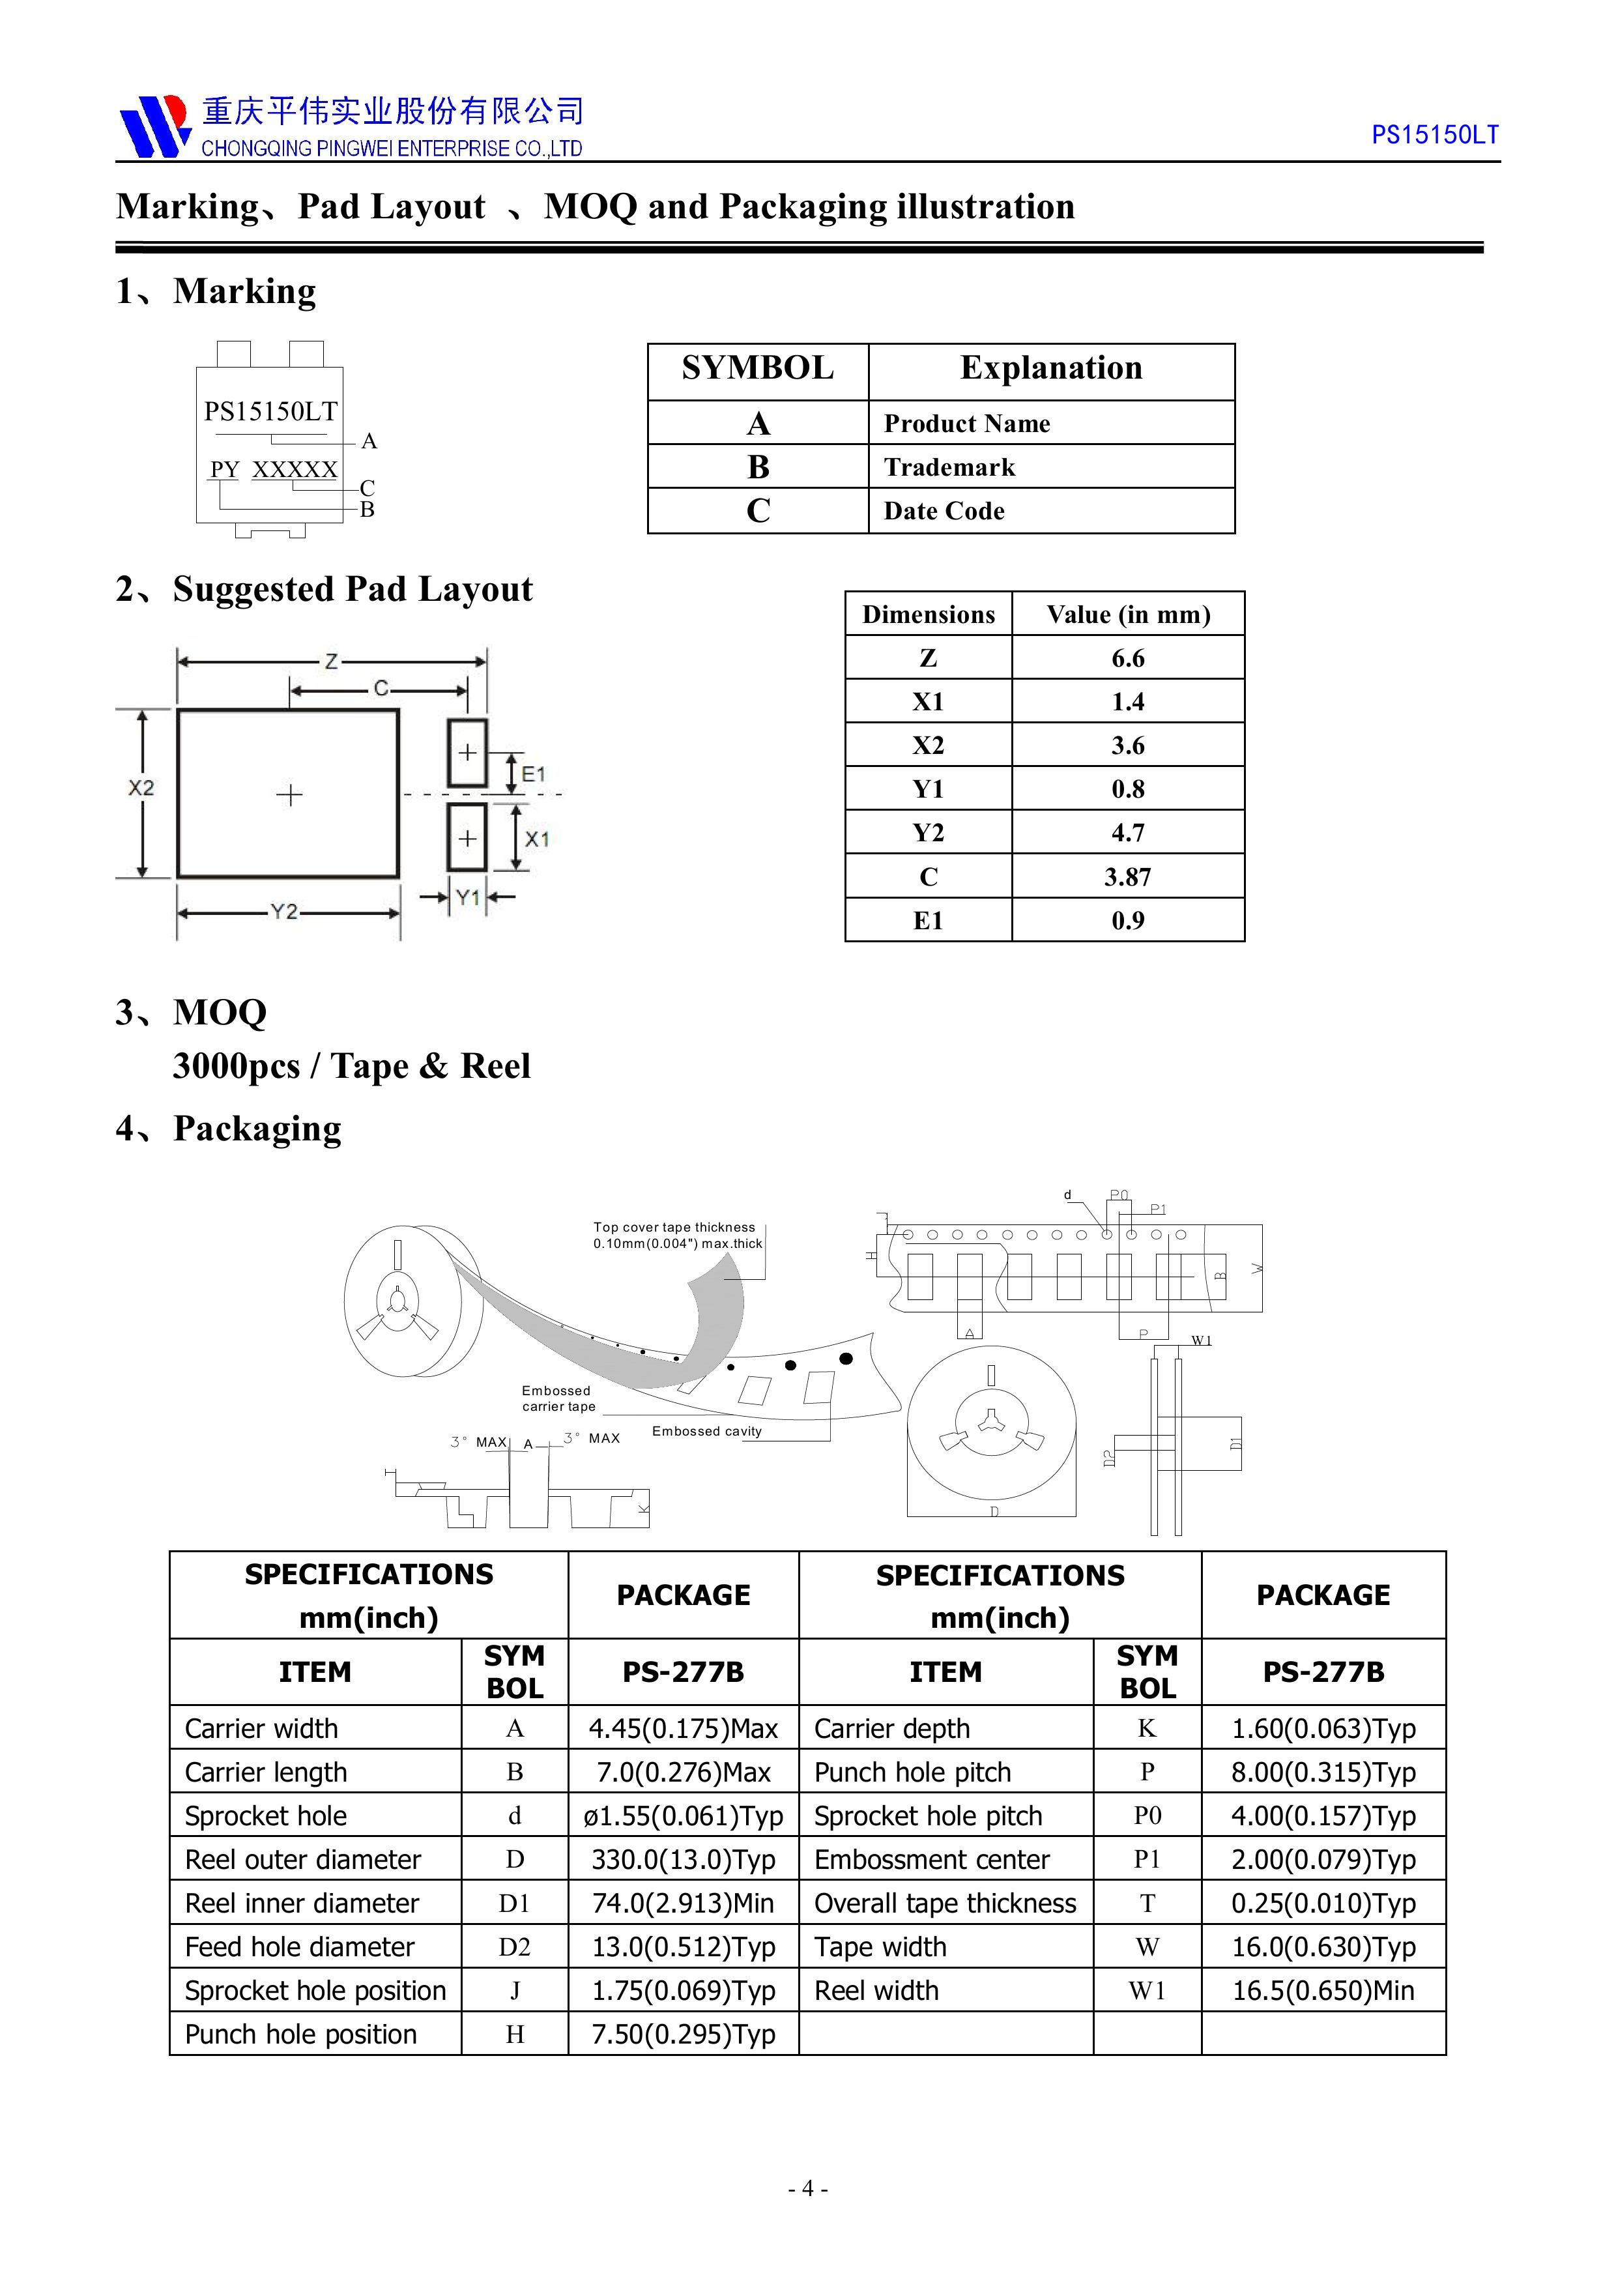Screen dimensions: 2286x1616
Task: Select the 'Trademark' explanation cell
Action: click(949, 467)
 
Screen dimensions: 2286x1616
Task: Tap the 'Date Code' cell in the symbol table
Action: click(944, 511)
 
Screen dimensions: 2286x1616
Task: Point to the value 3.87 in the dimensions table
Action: click(1127, 877)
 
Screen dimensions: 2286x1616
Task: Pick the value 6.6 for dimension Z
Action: click(1127, 658)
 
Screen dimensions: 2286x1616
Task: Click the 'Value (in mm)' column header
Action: click(1127, 615)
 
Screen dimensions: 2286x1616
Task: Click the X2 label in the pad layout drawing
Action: click(141, 788)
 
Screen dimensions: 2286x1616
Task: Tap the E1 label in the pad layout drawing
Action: click(534, 774)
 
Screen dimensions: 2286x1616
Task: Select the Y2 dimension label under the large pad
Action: click(285, 911)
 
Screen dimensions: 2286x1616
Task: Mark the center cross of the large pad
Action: click(289, 794)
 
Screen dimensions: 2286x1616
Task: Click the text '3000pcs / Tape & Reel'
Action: click(351, 1066)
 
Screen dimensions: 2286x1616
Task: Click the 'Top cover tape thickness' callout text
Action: click(674, 1228)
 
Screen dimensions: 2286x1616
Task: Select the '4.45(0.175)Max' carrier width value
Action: click(683, 1728)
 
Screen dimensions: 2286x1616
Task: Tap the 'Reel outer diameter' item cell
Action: click(303, 1860)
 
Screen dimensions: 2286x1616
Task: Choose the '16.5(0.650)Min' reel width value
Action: click(1322, 1990)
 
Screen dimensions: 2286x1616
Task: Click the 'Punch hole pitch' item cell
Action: click(912, 1772)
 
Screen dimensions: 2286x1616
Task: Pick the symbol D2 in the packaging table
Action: click(513, 1946)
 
